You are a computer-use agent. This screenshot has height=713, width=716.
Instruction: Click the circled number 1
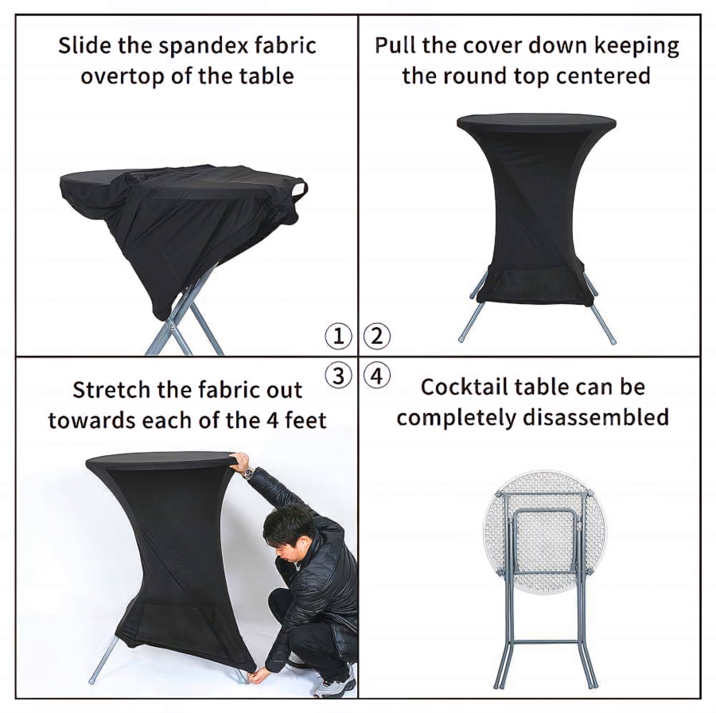pyautogui.click(x=338, y=336)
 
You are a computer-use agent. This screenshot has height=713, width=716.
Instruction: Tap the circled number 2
pyautogui.click(x=377, y=336)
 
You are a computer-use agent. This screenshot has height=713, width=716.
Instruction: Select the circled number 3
pyautogui.click(x=338, y=376)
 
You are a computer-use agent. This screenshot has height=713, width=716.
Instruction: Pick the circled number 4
pyautogui.click(x=377, y=376)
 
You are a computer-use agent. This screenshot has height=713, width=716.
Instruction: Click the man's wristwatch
pyautogui.click(x=248, y=473)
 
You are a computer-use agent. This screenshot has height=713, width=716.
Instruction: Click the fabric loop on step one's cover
pyautogui.click(x=300, y=188)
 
